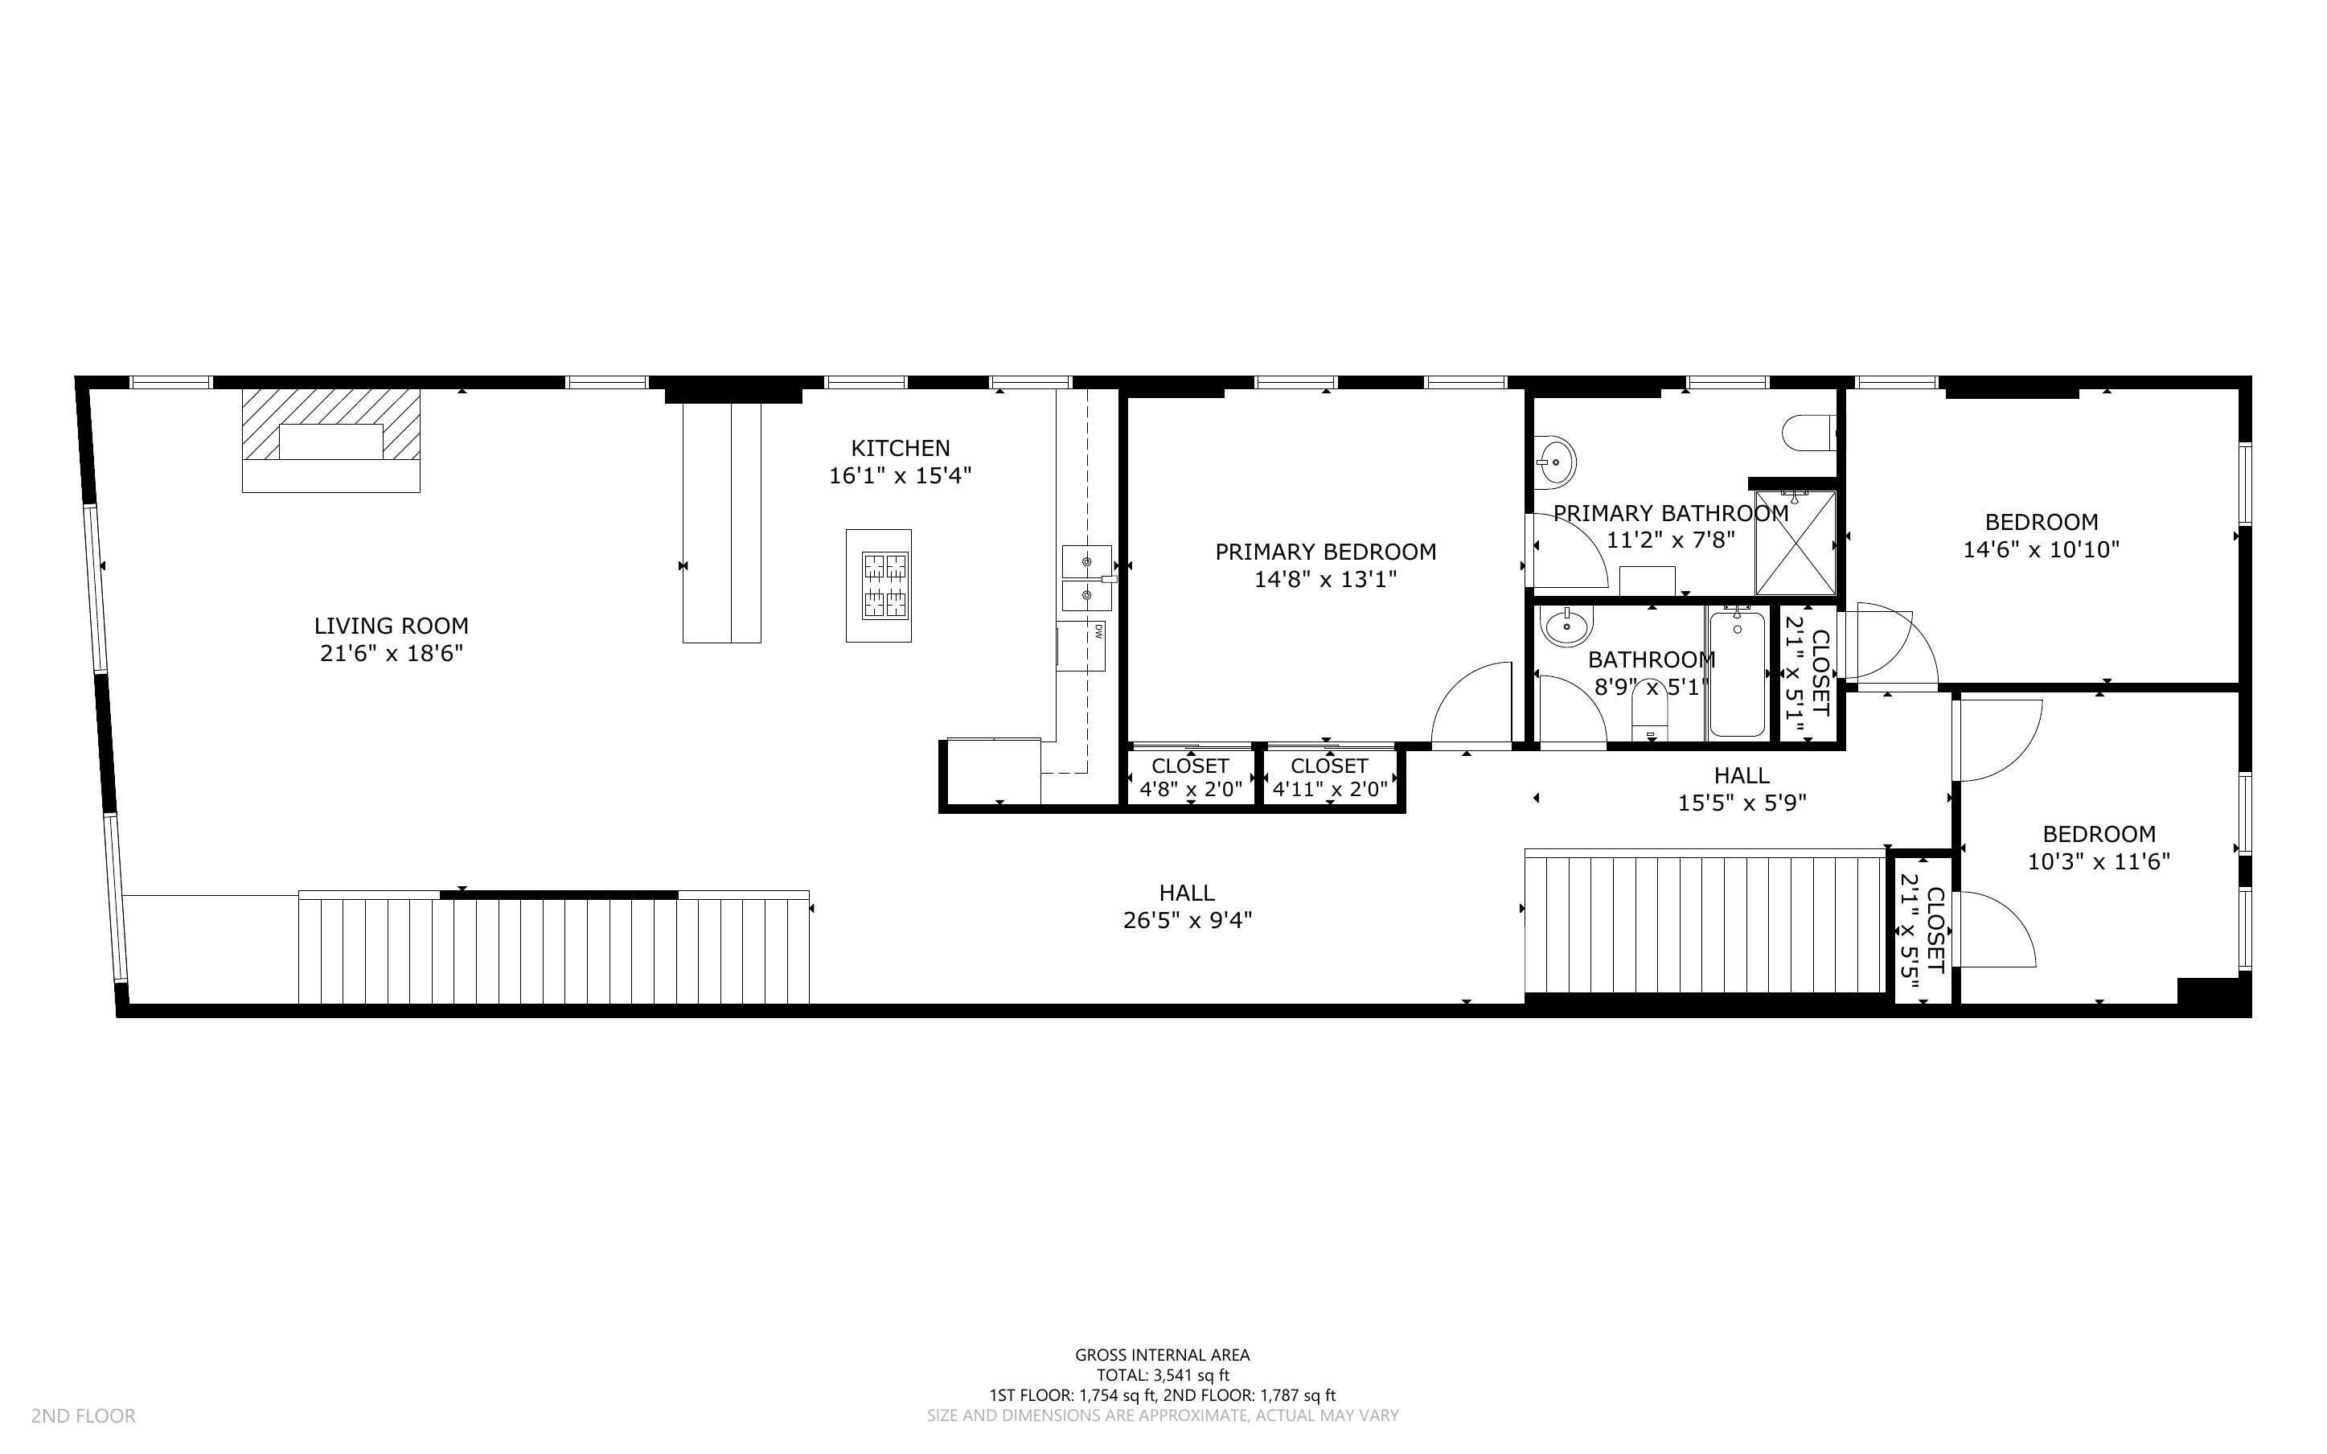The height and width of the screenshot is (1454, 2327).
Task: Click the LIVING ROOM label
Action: point(392,626)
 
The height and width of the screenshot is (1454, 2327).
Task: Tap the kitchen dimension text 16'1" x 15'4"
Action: point(901,476)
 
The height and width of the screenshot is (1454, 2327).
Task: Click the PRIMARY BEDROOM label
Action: point(1325,552)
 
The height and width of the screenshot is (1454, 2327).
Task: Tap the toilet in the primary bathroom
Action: point(1807,433)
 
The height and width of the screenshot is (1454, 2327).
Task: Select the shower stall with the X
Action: point(1795,544)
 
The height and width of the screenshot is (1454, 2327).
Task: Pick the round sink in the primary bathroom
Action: point(1554,462)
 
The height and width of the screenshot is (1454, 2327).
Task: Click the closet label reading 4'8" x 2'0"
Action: point(1190,791)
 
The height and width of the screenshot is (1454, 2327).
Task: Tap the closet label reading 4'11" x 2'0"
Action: point(1329,791)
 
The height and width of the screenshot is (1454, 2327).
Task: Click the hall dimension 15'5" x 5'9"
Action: point(1742,803)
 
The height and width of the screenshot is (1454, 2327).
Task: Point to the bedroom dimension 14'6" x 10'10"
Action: point(2041,550)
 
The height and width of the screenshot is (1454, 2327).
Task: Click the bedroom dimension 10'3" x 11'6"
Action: point(2099,861)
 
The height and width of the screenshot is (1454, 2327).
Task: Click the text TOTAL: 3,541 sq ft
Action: point(1162,1375)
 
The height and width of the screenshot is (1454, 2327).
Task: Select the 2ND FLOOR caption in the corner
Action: point(84,1415)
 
